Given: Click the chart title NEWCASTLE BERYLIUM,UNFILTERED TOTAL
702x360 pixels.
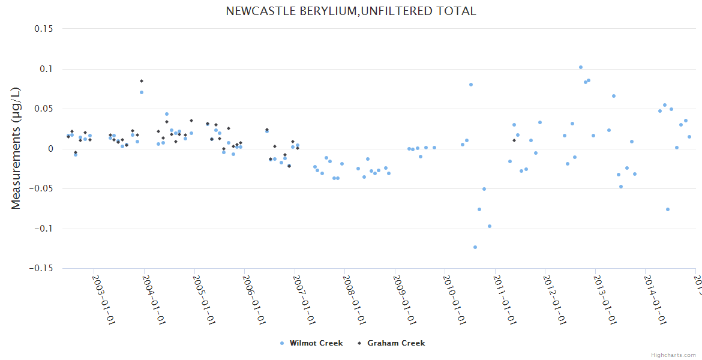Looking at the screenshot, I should pos(350,11).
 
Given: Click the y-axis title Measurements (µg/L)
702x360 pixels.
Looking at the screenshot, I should pos(16,148).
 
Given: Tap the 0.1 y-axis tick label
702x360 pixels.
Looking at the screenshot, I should pos(46,69).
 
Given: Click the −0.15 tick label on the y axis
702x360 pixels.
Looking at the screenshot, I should pos(40,268).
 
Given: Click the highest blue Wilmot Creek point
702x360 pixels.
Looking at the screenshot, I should pos(580,67).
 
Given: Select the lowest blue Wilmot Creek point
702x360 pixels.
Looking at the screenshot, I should pos(475,247).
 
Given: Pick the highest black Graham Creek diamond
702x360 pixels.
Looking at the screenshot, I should pos(142,81).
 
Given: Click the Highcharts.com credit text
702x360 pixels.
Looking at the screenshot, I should pos(673,355).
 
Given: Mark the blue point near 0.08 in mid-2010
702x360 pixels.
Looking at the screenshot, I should pos(471,85).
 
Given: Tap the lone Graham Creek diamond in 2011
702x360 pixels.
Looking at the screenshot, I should pos(514,140).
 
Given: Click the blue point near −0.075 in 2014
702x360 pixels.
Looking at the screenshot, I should pos(668,209).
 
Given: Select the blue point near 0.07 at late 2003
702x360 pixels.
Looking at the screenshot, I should pos(142,92).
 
